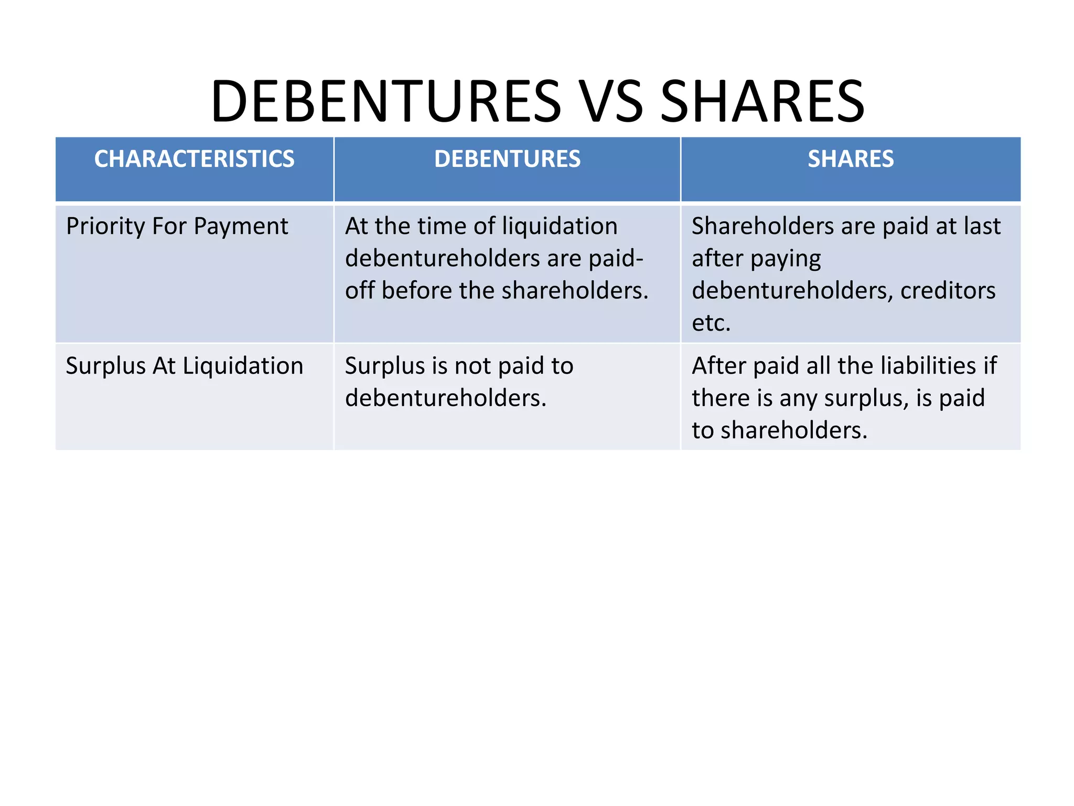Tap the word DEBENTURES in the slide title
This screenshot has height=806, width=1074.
click(x=386, y=101)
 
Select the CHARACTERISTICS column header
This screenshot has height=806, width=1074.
click(x=194, y=159)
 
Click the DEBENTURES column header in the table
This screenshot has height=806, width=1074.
click(x=507, y=159)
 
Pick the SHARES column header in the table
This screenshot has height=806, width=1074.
click(x=851, y=159)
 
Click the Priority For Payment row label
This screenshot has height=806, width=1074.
click(x=177, y=227)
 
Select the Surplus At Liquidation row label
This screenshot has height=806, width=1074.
click(x=185, y=366)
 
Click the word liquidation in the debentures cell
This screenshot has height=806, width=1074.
click(x=560, y=227)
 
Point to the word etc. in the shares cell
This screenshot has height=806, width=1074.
click(x=711, y=323)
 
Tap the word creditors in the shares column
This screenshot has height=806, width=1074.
click(x=948, y=291)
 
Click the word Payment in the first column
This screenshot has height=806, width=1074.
click(x=241, y=227)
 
